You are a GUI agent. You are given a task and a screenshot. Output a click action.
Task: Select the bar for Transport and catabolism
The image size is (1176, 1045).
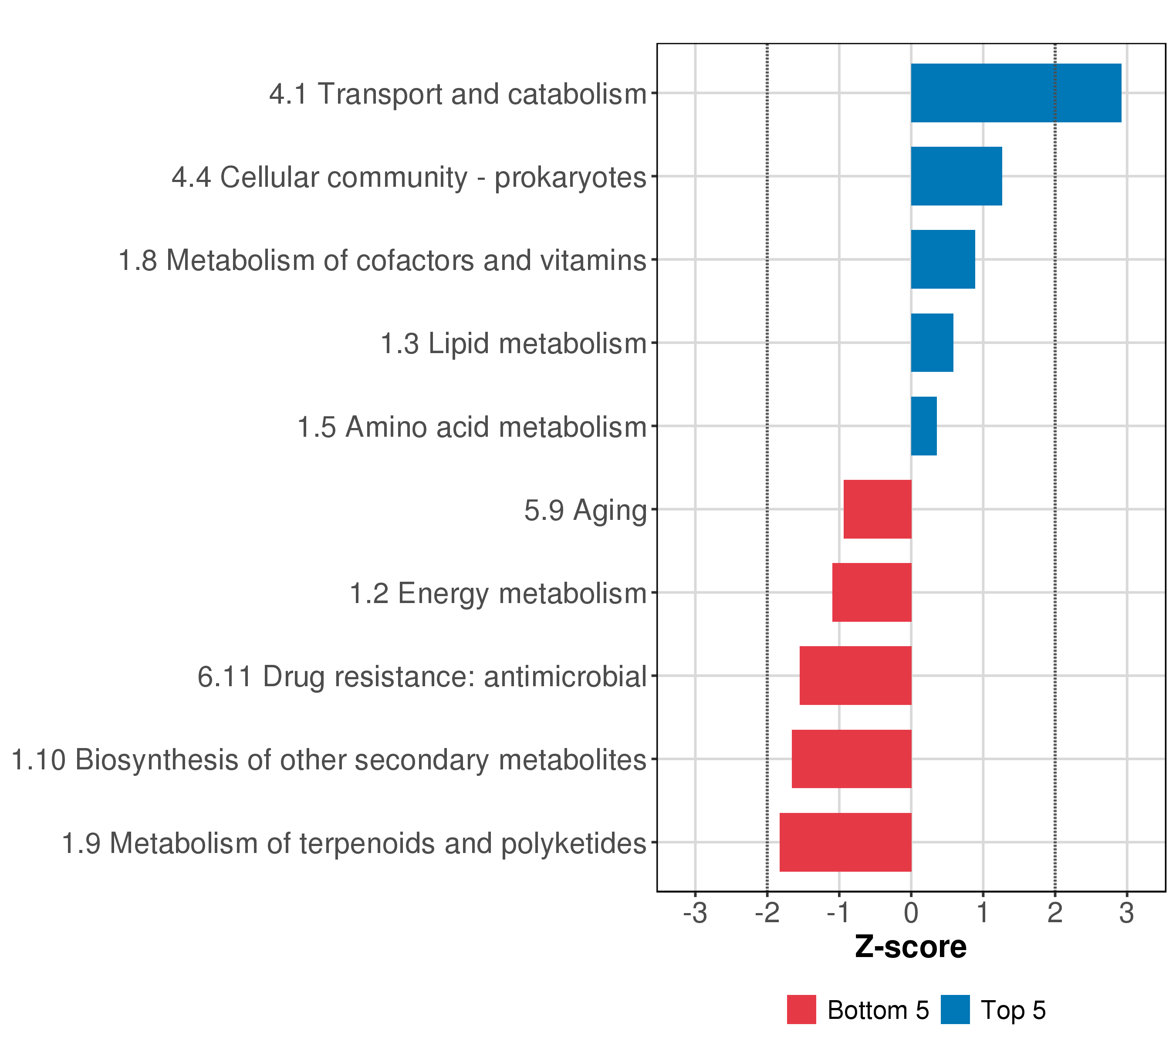[x=1015, y=93]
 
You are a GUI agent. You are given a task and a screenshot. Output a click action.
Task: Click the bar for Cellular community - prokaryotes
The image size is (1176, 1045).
[x=956, y=176]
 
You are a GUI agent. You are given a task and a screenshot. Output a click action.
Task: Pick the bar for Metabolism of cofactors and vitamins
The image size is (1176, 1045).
[x=943, y=260]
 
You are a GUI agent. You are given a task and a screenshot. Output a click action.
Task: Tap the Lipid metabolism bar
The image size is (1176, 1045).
[x=932, y=343]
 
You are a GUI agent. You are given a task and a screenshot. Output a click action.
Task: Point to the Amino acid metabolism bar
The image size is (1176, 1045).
[x=923, y=426]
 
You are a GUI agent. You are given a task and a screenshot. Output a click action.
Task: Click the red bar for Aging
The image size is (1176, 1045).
[x=877, y=509]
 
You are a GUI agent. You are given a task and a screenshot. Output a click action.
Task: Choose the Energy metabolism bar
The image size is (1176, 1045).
[x=871, y=592]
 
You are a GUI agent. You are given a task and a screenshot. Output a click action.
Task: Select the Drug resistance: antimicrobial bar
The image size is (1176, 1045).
[x=855, y=676]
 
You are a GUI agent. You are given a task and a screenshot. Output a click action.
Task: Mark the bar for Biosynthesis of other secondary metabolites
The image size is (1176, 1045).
[x=851, y=759]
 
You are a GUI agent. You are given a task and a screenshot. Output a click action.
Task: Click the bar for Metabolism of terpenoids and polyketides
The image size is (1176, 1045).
[x=845, y=843]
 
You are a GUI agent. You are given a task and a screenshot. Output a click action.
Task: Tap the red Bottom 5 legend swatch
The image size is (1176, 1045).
[x=801, y=1010]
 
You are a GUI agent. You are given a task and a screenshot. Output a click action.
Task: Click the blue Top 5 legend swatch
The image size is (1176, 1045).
[x=955, y=1010]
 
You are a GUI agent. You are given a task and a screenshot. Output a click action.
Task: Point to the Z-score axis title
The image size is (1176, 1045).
[x=910, y=947]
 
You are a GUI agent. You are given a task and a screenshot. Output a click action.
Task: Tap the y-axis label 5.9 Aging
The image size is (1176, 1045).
[x=585, y=510]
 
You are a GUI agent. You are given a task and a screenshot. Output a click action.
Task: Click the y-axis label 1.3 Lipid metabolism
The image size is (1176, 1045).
[x=513, y=344]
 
